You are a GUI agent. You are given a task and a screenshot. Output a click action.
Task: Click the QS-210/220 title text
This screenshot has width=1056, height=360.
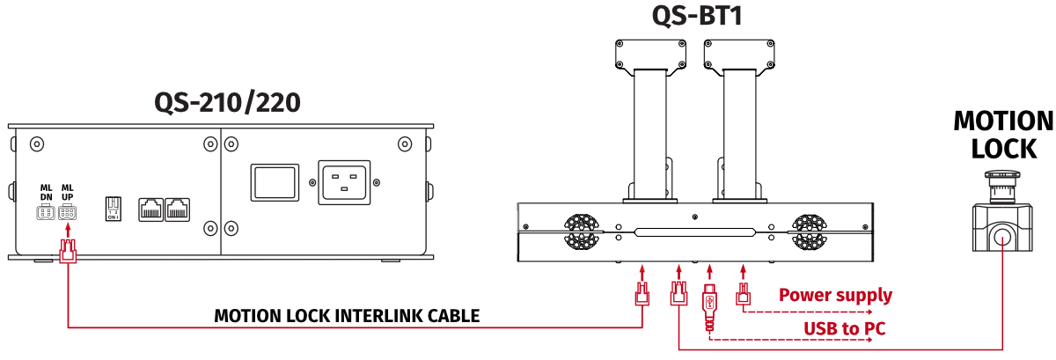pyautogui.click(x=228, y=103)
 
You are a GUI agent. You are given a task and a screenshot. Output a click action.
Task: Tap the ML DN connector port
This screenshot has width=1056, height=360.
pyautogui.click(x=46, y=212)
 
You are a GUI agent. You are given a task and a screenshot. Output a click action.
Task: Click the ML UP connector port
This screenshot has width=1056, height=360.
pyautogui.click(x=68, y=212)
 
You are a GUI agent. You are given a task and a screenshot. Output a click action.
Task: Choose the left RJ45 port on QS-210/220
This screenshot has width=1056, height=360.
pyautogui.click(x=150, y=209)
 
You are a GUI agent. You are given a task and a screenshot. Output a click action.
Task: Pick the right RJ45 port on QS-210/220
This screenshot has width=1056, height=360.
pyautogui.click(x=178, y=209)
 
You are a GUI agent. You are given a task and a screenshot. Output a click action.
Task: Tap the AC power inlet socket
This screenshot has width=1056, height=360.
pyautogui.click(x=344, y=184)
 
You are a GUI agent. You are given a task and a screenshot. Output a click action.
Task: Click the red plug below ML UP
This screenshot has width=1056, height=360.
pyautogui.click(x=67, y=253)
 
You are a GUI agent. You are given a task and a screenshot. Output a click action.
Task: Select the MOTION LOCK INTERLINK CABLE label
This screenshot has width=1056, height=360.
pyautogui.click(x=347, y=316)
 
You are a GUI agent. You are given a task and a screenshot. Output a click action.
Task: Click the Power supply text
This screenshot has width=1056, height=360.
pyautogui.click(x=835, y=296)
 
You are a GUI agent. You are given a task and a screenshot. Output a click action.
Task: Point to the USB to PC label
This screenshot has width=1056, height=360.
pyautogui.click(x=844, y=329)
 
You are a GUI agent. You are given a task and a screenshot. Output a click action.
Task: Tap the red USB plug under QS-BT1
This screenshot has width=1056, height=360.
pyautogui.click(x=710, y=299)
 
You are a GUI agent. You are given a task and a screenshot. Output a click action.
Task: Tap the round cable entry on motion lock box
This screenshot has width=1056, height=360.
pyautogui.click(x=1002, y=235)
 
